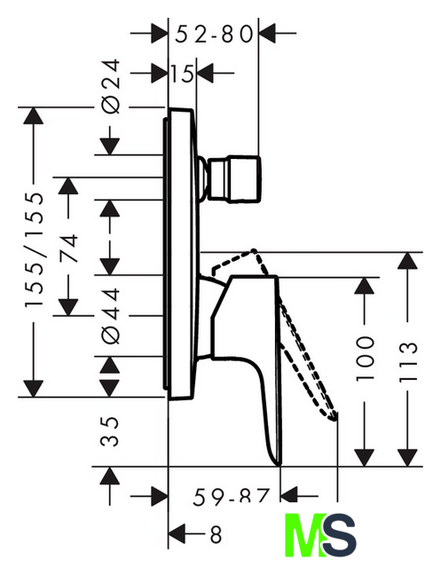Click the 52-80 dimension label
[x=214, y=35]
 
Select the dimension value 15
[x=182, y=74]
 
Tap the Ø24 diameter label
[x=111, y=86]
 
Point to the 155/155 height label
[x=35, y=250]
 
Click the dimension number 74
[x=68, y=248]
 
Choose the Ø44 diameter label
[x=111, y=316]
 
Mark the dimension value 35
[x=110, y=431]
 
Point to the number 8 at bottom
[x=216, y=534]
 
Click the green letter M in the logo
[x=304, y=535]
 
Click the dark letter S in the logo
[x=339, y=535]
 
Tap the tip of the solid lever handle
[x=278, y=464]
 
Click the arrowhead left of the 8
[x=177, y=533]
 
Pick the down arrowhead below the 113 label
[x=407, y=458]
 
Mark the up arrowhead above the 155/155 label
[x=34, y=116]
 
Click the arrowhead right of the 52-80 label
[x=268, y=34]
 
